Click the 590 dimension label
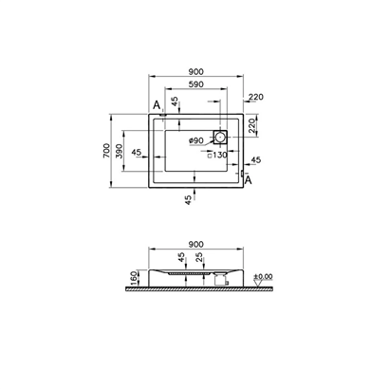pyautogui.click(x=196, y=84)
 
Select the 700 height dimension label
pyautogui.click(x=107, y=151)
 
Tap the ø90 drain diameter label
pyautogui.click(x=196, y=140)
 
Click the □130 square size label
pyautogui.click(x=217, y=155)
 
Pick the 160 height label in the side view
pyautogui.click(x=134, y=278)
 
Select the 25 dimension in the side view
pyautogui.click(x=199, y=257)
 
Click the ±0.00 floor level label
pyautogui.click(x=263, y=277)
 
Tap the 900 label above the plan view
pyautogui.click(x=196, y=72)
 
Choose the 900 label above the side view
pyautogui.click(x=196, y=245)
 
